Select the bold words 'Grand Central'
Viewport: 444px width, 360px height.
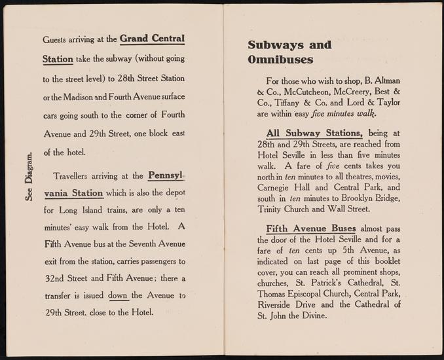point(152,38)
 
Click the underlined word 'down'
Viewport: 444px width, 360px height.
point(118,295)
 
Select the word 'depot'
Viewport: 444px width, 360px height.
point(173,194)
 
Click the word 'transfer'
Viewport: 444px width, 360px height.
point(61,296)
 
